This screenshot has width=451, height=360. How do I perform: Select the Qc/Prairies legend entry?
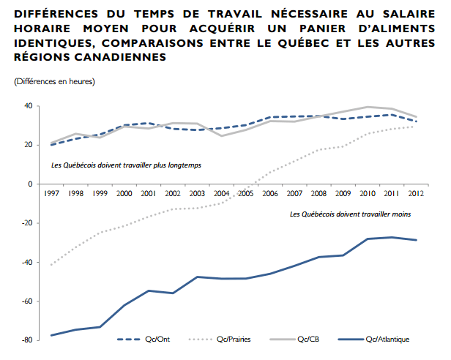click(x=234, y=339)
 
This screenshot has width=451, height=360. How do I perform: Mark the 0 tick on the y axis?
click(x=29, y=184)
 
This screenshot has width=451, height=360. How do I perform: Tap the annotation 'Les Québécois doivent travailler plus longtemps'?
click(x=126, y=165)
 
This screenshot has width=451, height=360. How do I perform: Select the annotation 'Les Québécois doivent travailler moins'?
click(x=350, y=214)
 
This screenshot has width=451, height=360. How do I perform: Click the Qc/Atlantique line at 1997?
click(x=51, y=335)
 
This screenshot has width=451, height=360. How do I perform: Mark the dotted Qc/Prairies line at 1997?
click(x=51, y=264)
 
